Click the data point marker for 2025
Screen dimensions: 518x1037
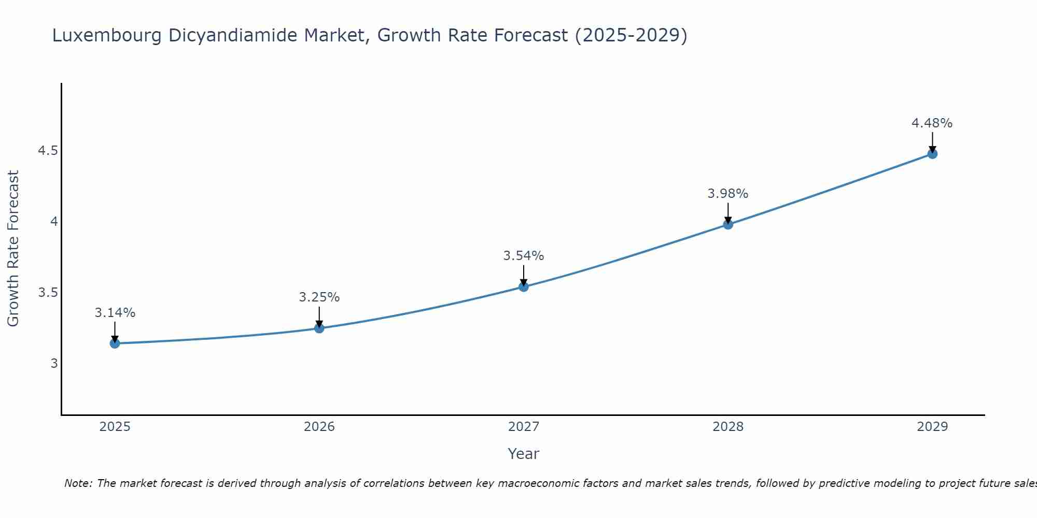[115, 343]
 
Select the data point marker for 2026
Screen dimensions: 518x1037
[319, 328]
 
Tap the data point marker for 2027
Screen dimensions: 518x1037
[524, 286]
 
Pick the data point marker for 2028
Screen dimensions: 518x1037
[728, 224]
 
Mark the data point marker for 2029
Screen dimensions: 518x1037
[932, 153]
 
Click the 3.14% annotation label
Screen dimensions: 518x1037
[115, 313]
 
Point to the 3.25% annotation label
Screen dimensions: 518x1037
[319, 297]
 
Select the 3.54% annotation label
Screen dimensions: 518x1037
[524, 256]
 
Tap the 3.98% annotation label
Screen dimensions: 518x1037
[728, 194]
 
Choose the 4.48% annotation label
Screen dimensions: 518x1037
[932, 123]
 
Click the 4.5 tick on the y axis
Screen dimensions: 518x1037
[48, 151]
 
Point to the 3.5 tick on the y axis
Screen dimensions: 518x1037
[48, 293]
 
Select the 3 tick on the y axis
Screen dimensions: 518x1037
[54, 364]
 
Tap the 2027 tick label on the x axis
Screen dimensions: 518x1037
[524, 427]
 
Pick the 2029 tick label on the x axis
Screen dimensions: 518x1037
[932, 427]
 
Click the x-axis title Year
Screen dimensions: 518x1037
[524, 454]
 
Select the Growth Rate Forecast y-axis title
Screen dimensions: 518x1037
[13, 249]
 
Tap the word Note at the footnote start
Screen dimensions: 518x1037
[78, 483]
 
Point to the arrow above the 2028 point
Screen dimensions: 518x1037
[728, 212]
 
